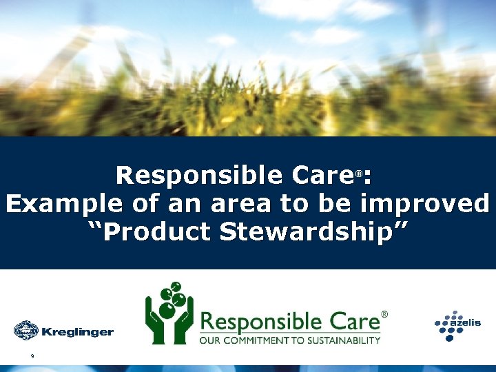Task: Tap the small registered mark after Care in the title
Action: [x=359, y=174]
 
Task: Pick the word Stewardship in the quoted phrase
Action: [x=313, y=233]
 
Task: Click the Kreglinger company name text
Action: [x=77, y=333]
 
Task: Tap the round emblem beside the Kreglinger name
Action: [x=26, y=331]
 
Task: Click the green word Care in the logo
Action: [x=353, y=321]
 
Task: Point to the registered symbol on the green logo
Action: [x=384, y=314]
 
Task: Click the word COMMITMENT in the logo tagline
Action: [x=256, y=340]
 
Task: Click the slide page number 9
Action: [x=32, y=355]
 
